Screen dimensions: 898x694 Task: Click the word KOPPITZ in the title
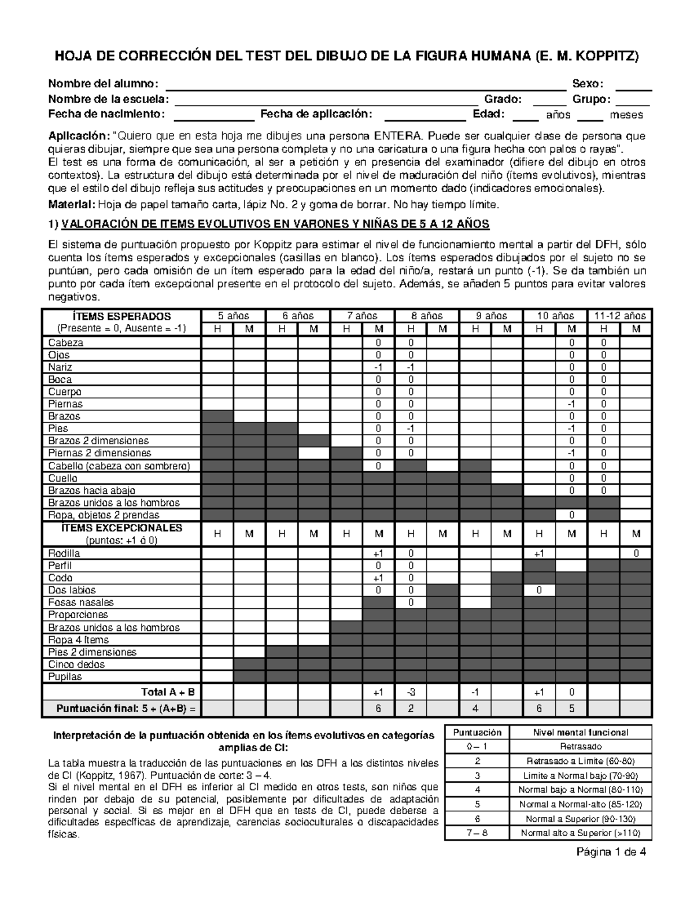pos(607,56)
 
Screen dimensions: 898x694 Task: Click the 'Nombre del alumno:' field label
pos(102,84)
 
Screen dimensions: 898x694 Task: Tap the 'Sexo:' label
pos(588,84)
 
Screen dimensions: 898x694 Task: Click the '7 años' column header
pos(362,316)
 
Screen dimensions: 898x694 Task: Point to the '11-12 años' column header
pos(619,316)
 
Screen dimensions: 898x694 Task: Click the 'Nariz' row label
pos(60,367)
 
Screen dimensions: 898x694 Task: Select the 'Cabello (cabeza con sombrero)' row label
pos(119,466)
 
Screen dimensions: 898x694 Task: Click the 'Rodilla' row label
pos(64,553)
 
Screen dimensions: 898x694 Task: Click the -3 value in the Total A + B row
pos(410,692)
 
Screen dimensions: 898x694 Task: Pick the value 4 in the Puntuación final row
pos(474,708)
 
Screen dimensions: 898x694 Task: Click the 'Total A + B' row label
pos(168,692)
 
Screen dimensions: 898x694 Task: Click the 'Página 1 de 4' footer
pos(611,852)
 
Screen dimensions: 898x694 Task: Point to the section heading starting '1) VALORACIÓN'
pos(268,224)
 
